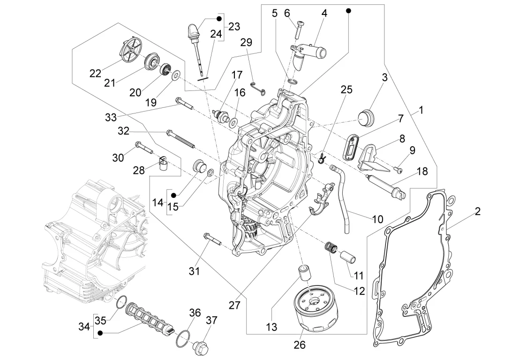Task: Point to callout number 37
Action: pos(212,321)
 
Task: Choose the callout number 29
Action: pos(246,42)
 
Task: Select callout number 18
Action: pos(422,171)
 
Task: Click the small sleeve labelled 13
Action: pos(304,272)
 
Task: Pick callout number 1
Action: pos(421,111)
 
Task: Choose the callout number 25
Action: pos(346,90)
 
